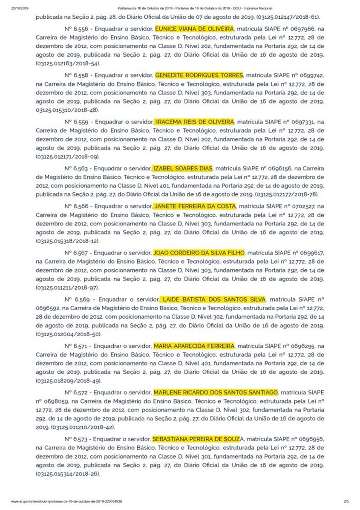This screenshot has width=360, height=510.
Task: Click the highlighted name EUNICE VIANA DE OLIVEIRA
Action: click(194, 29)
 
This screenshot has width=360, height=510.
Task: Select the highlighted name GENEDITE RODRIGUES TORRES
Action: click(199, 75)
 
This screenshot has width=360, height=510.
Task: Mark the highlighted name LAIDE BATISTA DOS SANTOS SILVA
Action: click(213, 299)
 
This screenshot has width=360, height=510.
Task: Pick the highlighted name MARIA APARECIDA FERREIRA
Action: click(194, 346)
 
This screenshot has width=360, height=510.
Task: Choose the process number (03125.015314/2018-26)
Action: click(68, 473)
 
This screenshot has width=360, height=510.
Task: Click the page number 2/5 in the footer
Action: click(346, 501)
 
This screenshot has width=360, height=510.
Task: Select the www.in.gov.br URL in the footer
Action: click(66, 501)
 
